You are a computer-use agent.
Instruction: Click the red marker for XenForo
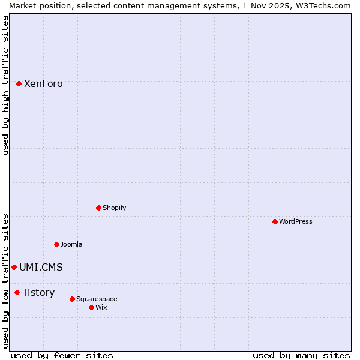(x=19, y=83)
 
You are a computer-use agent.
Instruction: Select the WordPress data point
(x=275, y=221)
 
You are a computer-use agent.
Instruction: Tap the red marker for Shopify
(x=98, y=208)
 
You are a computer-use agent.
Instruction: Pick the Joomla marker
(x=56, y=244)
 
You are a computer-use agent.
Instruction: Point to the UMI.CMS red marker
(x=14, y=267)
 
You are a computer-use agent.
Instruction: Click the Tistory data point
(x=17, y=292)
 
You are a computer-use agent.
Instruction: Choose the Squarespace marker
(x=72, y=299)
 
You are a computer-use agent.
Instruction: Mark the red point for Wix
(x=91, y=307)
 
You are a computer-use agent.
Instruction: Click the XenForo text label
(x=43, y=84)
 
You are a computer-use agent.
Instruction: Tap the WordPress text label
(x=296, y=221)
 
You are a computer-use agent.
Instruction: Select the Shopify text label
(x=114, y=208)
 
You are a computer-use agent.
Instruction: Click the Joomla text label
(x=71, y=244)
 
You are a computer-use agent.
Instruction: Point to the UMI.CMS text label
(x=41, y=268)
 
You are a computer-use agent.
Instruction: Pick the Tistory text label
(x=38, y=293)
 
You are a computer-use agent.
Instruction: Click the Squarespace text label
(x=97, y=299)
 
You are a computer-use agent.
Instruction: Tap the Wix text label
(x=101, y=307)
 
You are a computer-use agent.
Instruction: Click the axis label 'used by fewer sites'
(x=62, y=355)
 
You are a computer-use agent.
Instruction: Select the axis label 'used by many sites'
(x=301, y=355)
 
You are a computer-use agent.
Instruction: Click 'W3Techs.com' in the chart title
(x=323, y=5)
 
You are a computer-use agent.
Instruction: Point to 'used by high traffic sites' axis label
(x=5, y=85)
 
